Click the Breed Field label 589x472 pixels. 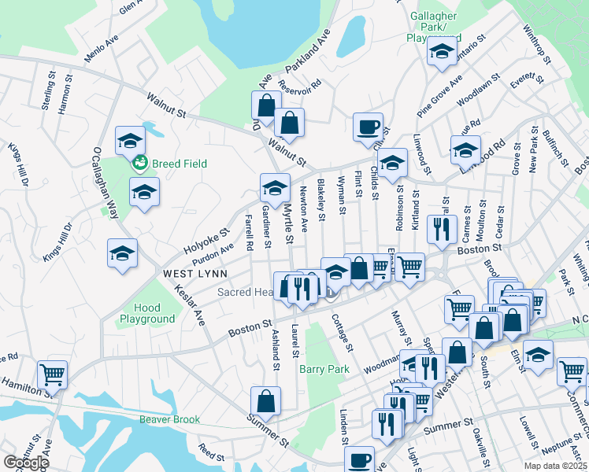coord(180,164)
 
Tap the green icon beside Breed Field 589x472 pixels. coord(140,164)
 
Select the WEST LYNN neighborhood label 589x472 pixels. coord(195,274)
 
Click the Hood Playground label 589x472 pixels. coord(147,314)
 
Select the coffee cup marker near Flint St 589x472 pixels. coord(368,127)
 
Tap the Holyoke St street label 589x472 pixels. coord(206,241)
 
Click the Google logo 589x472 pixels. coord(26,462)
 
